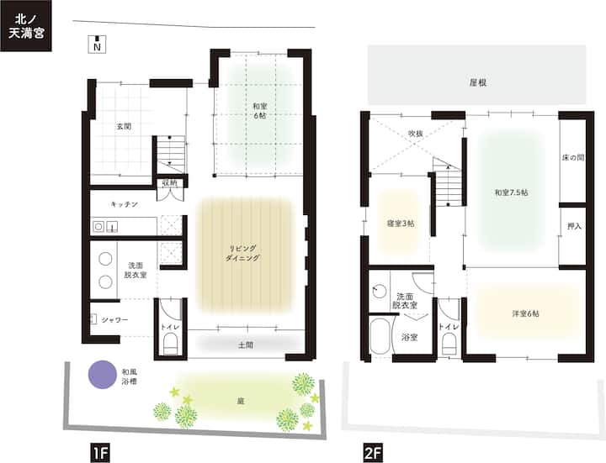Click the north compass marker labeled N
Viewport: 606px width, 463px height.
pos(97,44)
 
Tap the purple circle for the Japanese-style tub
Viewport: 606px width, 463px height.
pos(103,374)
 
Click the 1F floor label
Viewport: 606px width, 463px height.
pos(100,453)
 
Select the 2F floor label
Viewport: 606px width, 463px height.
pos(373,453)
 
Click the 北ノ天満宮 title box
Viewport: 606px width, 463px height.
pos(26,26)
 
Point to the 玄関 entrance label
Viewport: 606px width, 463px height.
pos(124,126)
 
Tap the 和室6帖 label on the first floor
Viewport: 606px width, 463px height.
pos(260,111)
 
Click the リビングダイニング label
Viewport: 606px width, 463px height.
pos(242,253)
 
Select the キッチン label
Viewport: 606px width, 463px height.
pos(124,204)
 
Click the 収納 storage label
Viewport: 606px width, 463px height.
pos(170,182)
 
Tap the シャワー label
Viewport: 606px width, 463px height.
pos(114,320)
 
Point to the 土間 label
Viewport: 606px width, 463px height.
pos(246,345)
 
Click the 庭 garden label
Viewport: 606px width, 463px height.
pos(241,402)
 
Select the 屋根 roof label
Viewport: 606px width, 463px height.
pos(478,82)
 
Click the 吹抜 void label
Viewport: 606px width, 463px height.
pos(416,134)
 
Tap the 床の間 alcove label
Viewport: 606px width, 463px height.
pos(573,157)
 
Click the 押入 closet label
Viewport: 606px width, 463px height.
pos(574,226)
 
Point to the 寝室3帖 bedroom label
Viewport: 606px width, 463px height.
pos(401,224)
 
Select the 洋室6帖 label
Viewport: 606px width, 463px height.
pos(525,313)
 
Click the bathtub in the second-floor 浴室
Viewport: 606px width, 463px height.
pos(380,335)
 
